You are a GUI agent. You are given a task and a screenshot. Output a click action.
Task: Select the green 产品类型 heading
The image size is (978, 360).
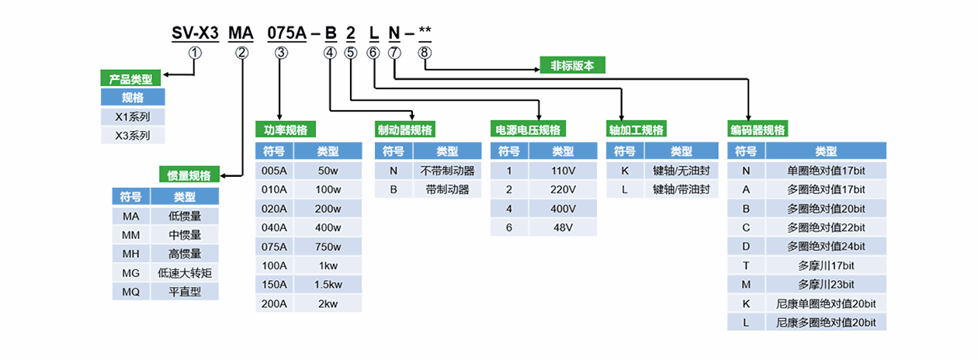click(130, 78)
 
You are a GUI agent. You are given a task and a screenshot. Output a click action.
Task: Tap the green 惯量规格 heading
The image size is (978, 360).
click(189, 175)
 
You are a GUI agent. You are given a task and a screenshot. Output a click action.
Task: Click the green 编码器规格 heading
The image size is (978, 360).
click(757, 130)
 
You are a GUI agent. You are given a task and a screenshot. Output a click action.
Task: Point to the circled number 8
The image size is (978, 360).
click(424, 52)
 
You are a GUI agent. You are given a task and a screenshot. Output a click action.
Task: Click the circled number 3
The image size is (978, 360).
click(281, 52)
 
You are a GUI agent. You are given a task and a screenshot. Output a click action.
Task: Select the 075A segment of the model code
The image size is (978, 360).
click(285, 33)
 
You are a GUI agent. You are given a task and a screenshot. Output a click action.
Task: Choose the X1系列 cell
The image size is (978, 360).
click(133, 116)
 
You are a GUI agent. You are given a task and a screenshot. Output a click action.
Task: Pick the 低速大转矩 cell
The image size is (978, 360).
click(185, 272)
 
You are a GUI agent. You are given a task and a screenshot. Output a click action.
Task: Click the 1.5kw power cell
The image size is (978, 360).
click(328, 284)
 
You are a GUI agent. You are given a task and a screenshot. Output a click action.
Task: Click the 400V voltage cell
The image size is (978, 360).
click(563, 209)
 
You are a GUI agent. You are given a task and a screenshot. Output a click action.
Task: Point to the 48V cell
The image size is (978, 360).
click(563, 227)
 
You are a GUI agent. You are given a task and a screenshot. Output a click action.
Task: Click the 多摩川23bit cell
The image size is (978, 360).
click(826, 284)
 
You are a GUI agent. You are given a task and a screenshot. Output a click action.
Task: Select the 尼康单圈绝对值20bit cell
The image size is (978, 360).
click(826, 303)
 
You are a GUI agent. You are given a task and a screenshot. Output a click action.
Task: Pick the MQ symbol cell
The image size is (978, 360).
click(130, 292)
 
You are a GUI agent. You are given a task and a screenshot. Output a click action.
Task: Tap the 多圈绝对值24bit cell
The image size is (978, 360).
click(826, 246)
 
